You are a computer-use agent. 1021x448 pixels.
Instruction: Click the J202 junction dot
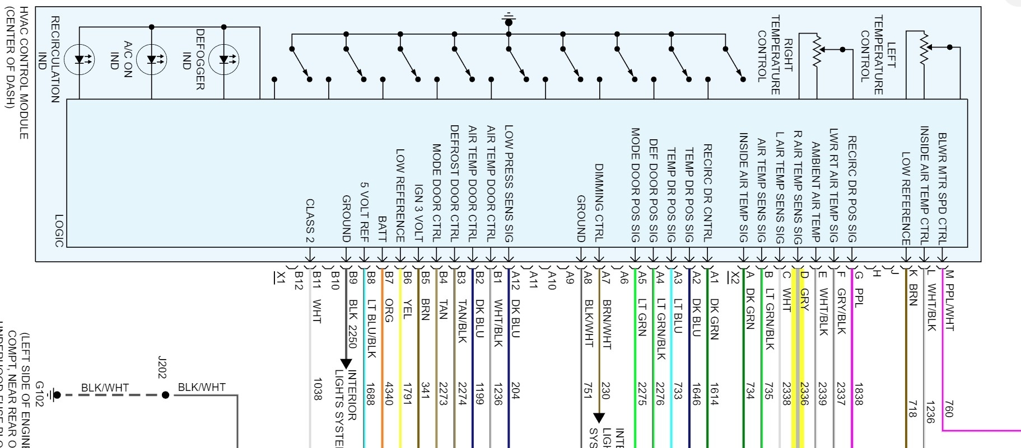[x=165, y=395]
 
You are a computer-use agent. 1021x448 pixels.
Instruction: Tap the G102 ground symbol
[x=55, y=395]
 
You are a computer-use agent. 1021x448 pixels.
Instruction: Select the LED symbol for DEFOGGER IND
[x=225, y=60]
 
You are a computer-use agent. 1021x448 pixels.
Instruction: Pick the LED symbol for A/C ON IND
[x=152, y=60]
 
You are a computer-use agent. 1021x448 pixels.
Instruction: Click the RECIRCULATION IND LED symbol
[x=80, y=60]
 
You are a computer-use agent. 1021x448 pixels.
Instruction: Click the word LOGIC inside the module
[x=59, y=230]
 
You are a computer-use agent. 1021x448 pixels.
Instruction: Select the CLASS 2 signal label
[x=310, y=220]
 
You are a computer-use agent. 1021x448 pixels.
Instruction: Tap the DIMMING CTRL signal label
[x=599, y=202]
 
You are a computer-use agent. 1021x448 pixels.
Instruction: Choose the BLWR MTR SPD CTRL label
[x=942, y=189]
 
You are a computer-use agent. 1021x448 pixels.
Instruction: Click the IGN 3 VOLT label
[x=418, y=213]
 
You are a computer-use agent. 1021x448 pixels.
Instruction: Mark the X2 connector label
[x=735, y=277]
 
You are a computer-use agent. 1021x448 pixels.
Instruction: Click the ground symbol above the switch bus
[x=509, y=20]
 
